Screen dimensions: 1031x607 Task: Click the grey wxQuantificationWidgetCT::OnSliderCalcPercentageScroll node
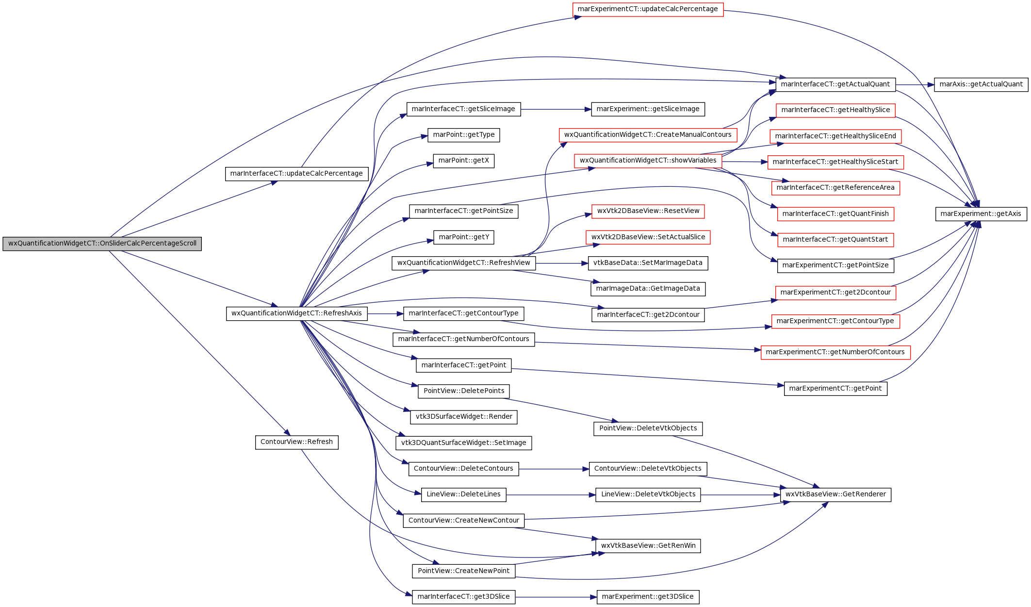[x=102, y=244]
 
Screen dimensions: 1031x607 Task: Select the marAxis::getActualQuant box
[x=981, y=84]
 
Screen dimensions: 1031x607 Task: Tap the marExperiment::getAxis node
[x=981, y=214]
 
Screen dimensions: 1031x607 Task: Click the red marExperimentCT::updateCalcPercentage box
[x=648, y=9]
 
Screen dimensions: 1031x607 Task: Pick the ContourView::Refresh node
[x=296, y=442]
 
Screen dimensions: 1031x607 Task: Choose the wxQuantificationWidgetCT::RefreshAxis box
[x=296, y=313]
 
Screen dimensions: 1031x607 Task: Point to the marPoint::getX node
[x=463, y=161]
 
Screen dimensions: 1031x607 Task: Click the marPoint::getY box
[x=463, y=237]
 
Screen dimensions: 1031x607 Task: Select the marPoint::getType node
[x=463, y=135]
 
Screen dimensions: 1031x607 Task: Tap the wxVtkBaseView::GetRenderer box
[x=835, y=494]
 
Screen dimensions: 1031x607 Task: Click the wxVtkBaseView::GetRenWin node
[x=648, y=546]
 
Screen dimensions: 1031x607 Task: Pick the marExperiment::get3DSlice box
[x=648, y=597]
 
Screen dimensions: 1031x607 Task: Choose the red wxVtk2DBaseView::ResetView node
[x=648, y=211]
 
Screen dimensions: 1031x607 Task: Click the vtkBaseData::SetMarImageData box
[x=648, y=263]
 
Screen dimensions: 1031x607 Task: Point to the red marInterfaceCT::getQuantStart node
[x=835, y=240]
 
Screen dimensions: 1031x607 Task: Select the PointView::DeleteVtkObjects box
[x=648, y=428]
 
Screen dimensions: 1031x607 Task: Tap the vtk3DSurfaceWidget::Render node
[x=463, y=417]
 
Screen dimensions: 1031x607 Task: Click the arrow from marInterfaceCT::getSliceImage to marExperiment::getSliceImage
[x=556, y=109]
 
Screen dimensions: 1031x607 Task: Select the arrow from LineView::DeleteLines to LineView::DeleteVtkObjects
[x=551, y=495]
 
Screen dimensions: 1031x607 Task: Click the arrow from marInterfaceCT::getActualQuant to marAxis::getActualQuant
[x=915, y=84]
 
